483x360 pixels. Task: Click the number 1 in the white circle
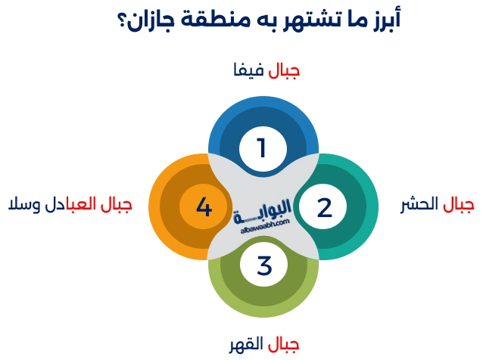pyautogui.click(x=261, y=147)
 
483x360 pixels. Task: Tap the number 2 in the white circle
pyautogui.click(x=324, y=206)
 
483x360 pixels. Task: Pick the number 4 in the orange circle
pyautogui.click(x=203, y=206)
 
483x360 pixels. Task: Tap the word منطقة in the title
pyautogui.click(x=211, y=18)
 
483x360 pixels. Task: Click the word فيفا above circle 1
pyautogui.click(x=250, y=72)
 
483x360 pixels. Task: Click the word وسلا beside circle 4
pyautogui.click(x=23, y=204)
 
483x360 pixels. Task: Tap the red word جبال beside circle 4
pyautogui.click(x=117, y=205)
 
